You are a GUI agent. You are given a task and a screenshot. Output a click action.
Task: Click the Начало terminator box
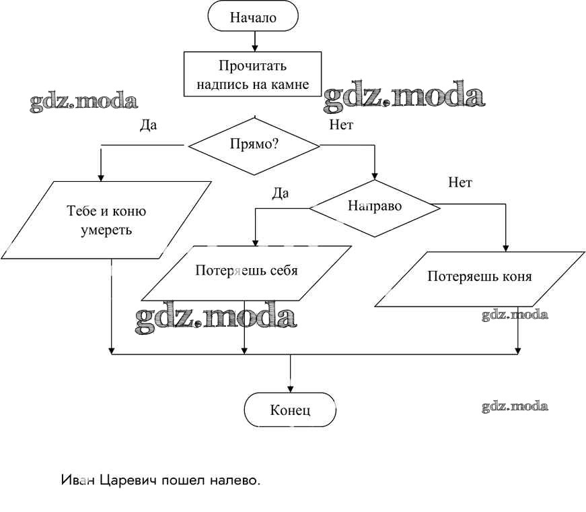click(x=253, y=18)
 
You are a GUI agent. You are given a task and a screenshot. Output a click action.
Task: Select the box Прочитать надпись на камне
click(x=254, y=75)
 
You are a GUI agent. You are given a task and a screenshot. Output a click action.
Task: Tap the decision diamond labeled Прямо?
click(x=254, y=143)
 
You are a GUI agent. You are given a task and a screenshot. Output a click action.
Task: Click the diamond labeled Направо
click(x=374, y=206)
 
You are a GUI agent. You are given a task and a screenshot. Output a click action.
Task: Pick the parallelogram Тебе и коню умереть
click(x=106, y=220)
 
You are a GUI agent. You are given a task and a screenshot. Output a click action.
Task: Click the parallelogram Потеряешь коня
click(x=479, y=277)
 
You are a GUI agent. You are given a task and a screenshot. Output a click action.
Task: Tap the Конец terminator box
click(x=290, y=410)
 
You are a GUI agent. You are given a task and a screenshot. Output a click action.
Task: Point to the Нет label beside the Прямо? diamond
click(x=341, y=125)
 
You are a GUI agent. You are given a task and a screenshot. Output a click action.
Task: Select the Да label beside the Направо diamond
click(x=280, y=194)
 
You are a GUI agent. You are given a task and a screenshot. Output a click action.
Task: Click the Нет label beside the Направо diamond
click(x=460, y=183)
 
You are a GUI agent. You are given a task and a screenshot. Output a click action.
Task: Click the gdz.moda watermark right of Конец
click(x=515, y=406)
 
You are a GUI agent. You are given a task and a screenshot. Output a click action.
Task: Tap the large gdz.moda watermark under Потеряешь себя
click(x=216, y=318)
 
